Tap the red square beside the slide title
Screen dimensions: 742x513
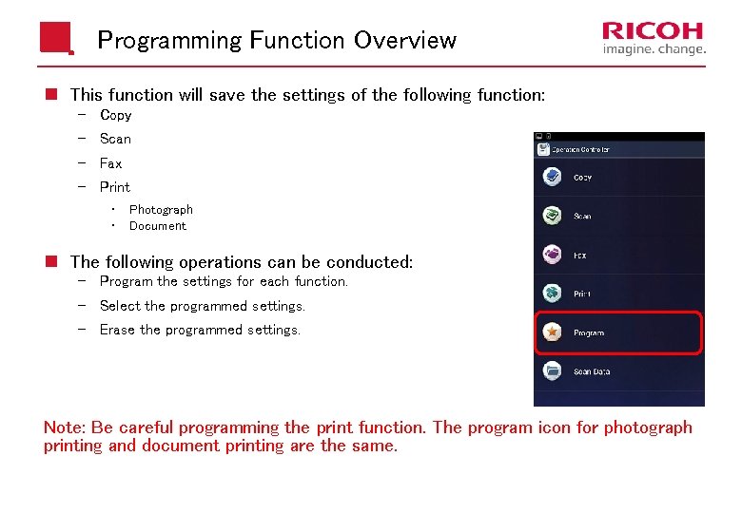(55, 39)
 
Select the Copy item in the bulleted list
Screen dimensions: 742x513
(115, 115)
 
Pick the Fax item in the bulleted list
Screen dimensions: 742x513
(110, 163)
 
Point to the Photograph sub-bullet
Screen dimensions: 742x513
(161, 210)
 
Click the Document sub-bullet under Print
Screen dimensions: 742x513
(158, 226)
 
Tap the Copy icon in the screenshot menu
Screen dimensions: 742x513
(551, 177)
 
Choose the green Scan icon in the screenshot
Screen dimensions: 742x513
(551, 216)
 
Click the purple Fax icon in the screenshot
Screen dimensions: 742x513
(551, 255)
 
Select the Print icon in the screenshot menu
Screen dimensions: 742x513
(551, 294)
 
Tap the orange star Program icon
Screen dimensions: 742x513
(551, 332)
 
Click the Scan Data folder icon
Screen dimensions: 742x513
(551, 371)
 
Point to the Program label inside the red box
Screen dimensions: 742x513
(589, 333)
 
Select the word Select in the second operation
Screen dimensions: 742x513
(120, 306)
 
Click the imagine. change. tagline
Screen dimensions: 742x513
(654, 49)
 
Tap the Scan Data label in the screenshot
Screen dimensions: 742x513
(592, 372)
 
